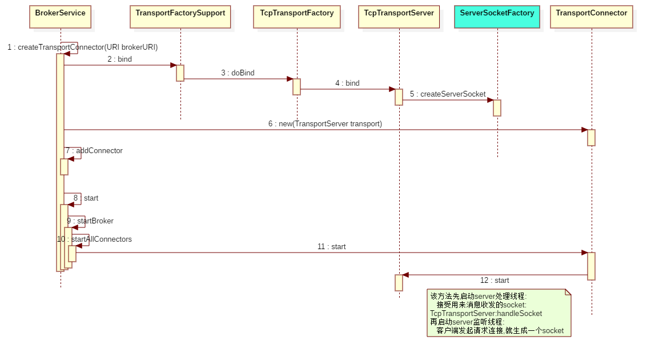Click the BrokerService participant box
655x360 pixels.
point(60,17)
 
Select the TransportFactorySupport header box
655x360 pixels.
point(180,17)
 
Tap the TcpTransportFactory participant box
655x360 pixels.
point(297,17)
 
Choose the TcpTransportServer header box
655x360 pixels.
point(399,17)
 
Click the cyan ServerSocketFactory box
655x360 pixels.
point(497,17)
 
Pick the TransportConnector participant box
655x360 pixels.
point(592,17)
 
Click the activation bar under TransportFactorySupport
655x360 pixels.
point(180,73)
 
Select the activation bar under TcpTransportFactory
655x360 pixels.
point(296,87)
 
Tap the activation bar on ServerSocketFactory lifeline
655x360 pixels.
point(497,108)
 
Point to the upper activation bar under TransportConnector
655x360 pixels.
point(591,138)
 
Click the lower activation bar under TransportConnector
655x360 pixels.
point(591,266)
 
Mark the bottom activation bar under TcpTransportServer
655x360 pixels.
point(399,282)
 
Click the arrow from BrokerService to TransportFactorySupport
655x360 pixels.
point(120,65)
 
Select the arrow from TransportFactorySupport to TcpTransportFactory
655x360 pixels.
point(238,79)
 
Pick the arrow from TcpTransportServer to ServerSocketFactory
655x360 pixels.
point(448,100)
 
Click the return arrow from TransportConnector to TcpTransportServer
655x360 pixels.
point(495,275)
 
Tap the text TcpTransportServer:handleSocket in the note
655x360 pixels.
point(486,313)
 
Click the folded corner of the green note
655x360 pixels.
point(568,293)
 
